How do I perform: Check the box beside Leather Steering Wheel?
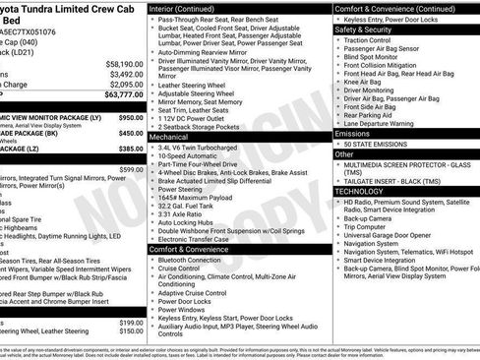click(x=152, y=86)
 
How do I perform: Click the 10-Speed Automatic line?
click(x=193, y=157)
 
